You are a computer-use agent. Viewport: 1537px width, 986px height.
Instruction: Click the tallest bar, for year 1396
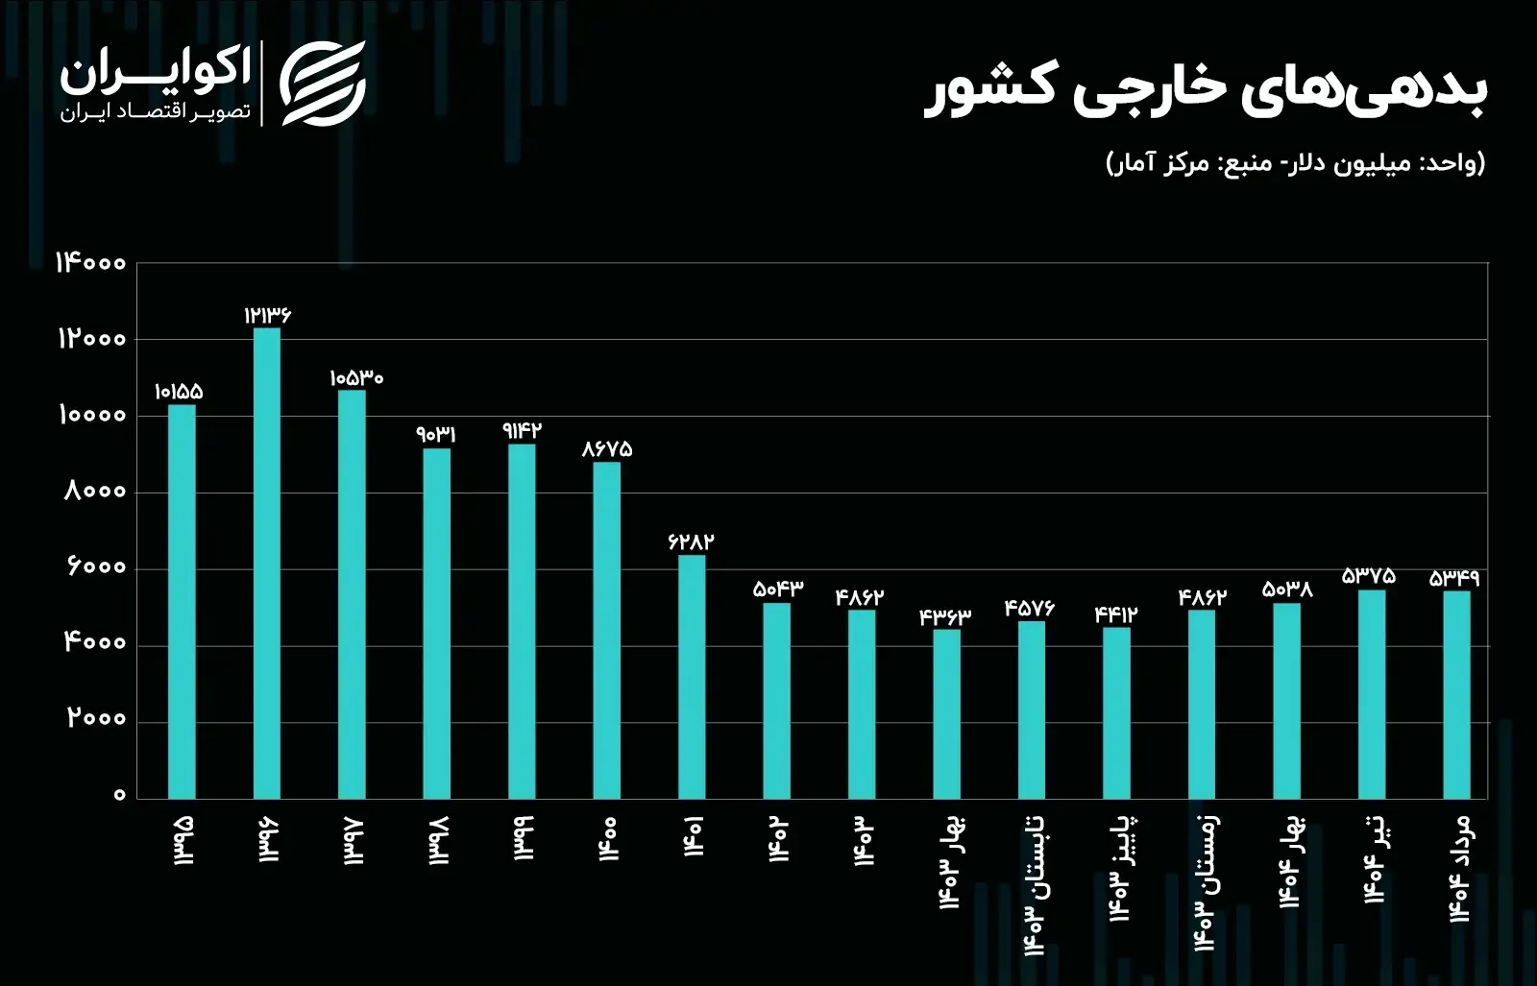[x=267, y=564]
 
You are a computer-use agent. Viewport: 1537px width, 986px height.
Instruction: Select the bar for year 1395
[x=182, y=602]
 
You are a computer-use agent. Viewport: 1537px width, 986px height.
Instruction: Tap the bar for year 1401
[x=692, y=677]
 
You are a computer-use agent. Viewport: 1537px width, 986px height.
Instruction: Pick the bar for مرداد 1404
[x=1456, y=694]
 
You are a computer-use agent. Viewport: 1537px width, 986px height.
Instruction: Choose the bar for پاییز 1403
[x=1116, y=713]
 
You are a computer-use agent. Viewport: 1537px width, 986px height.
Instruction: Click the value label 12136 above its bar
[x=267, y=315]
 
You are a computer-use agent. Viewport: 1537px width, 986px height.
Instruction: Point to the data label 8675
[x=607, y=448]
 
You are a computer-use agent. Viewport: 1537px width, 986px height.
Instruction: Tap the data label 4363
[x=945, y=616]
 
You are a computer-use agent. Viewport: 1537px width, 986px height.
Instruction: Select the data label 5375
[x=1369, y=576]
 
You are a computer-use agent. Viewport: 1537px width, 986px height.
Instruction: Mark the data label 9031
[x=436, y=435]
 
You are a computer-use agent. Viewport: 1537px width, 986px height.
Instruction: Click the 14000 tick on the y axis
[x=91, y=263]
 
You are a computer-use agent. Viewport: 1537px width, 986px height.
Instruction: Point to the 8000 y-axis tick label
[x=95, y=492]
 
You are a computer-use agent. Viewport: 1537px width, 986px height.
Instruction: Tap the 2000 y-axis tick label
[x=96, y=718]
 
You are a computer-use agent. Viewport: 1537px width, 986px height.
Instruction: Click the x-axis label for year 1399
[x=523, y=838]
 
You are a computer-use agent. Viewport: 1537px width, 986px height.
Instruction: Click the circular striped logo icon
[x=324, y=84]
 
